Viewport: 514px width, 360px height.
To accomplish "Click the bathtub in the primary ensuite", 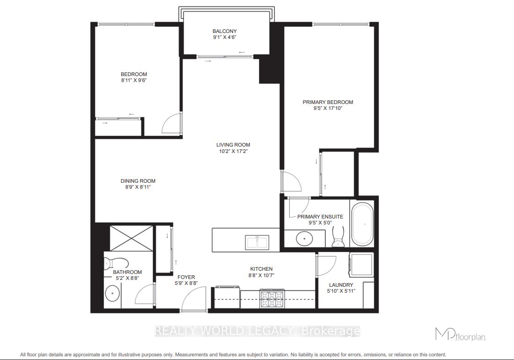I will [363, 224].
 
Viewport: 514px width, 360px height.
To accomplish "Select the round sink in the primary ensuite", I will [304, 238].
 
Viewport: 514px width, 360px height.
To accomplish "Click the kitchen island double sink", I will [257, 241].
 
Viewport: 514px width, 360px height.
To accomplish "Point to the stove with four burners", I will [272, 299].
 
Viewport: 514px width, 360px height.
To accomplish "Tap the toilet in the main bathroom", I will [115, 264].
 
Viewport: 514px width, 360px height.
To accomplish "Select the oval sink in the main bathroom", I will [112, 294].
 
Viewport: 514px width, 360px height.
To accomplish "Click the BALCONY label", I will [224, 31].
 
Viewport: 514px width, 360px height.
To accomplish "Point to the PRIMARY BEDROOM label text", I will [328, 102].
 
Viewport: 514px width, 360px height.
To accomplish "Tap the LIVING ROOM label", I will [233, 145].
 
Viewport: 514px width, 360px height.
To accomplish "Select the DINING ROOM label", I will [138, 181].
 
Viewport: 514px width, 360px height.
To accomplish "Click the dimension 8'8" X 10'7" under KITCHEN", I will [261, 275].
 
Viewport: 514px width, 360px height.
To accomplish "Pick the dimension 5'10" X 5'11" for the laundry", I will [341, 291].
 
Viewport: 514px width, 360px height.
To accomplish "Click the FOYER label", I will [186, 277].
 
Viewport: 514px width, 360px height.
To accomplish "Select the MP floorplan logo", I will [460, 335].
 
